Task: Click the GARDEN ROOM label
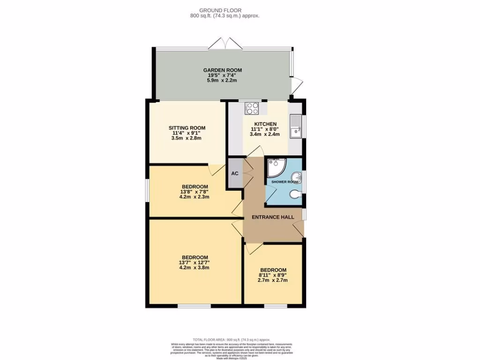coord(223,70)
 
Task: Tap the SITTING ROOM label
coord(187,127)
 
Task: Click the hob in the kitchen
coord(252,108)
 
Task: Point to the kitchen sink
coord(295,127)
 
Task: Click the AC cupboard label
coord(235,173)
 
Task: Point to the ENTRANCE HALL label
coord(273,217)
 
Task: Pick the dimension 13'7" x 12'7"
coord(195,262)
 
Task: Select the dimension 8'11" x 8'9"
coord(273,275)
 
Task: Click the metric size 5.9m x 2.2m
coord(222,80)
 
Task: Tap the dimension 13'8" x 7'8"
coord(195,192)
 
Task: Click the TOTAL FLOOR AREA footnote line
coord(232,339)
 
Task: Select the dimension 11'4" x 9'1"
coord(187,133)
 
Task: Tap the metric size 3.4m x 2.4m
coord(265,134)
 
